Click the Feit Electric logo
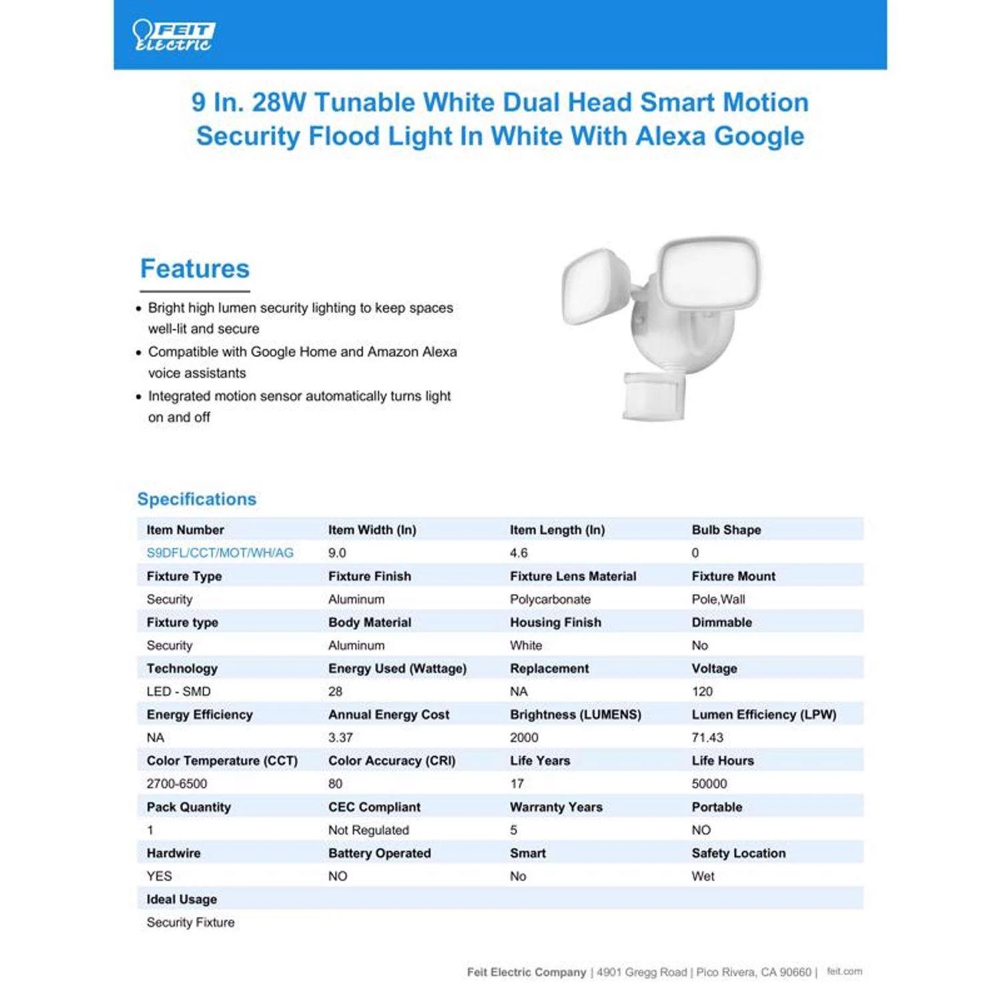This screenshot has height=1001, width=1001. (x=174, y=36)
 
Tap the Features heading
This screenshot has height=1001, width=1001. (x=194, y=268)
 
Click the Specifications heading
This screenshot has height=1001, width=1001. (x=197, y=499)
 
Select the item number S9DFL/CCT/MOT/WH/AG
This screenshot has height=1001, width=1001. (x=220, y=553)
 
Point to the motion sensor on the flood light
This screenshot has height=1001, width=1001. (x=653, y=396)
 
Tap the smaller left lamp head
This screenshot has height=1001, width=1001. (x=596, y=287)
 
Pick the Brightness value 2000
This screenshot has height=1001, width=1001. (x=524, y=737)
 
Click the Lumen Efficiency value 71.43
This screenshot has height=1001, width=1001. (x=707, y=737)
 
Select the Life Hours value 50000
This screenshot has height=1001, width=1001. (x=709, y=783)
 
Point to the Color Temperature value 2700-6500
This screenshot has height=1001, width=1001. (x=177, y=783)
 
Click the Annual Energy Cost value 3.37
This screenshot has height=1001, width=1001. (x=340, y=737)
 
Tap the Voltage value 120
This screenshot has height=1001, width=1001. (x=702, y=691)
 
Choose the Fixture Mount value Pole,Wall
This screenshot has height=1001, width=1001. (x=718, y=599)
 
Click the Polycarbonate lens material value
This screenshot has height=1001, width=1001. (x=550, y=599)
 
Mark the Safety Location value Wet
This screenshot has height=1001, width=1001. (x=703, y=876)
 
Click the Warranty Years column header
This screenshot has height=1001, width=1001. (x=556, y=807)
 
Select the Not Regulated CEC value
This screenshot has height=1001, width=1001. (x=368, y=830)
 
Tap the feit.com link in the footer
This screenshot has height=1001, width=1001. (x=844, y=972)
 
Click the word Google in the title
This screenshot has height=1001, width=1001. (x=759, y=136)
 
